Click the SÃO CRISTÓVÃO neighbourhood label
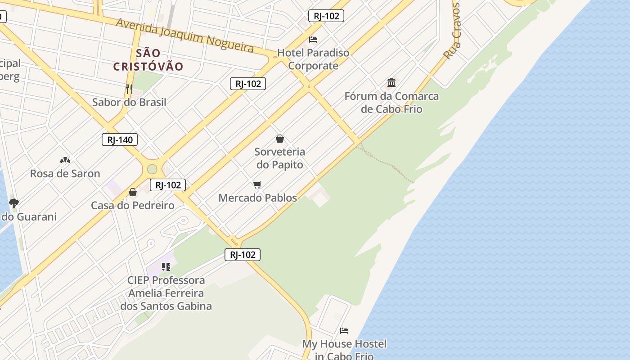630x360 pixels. [148, 60]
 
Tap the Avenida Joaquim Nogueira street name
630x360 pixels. [185, 35]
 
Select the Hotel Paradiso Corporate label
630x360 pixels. [313, 59]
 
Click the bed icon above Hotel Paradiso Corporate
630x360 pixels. [313, 40]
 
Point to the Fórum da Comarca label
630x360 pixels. [391, 103]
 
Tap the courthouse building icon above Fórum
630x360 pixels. [391, 83]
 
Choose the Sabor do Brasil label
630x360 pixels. [129, 102]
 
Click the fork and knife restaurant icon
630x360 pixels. [129, 89]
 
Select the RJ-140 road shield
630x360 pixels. [120, 139]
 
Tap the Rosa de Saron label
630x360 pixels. [65, 173]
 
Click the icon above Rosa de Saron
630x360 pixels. [65, 160]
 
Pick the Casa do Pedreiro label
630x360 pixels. [133, 206]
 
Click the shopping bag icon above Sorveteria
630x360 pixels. [280, 139]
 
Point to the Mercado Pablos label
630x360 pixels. [257, 198]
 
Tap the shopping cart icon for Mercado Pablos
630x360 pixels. [257, 184]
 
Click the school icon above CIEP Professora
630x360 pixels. [166, 267]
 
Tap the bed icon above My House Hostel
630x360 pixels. [344, 331]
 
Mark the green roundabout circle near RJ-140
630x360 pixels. [152, 169]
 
